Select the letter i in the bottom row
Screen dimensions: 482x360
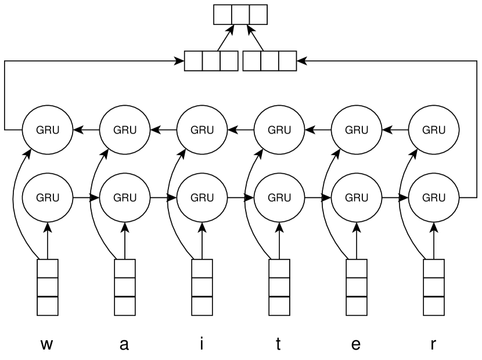click(x=202, y=343)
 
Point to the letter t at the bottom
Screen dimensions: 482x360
click(x=278, y=344)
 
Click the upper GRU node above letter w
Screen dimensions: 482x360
click(x=48, y=130)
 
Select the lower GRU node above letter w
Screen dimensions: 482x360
click(x=48, y=197)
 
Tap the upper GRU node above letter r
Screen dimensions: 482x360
click(x=434, y=130)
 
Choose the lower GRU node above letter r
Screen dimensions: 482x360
click(x=434, y=197)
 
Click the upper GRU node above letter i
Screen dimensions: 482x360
click(x=202, y=130)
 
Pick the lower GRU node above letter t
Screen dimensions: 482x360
click(x=279, y=197)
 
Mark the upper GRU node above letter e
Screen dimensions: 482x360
click(x=357, y=130)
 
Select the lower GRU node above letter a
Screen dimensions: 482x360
click(x=125, y=197)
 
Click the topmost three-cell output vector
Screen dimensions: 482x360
click(x=240, y=15)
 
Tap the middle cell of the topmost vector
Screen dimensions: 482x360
click(x=240, y=15)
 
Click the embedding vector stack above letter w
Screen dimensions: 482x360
click(x=48, y=287)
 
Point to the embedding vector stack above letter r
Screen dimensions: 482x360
click(x=434, y=287)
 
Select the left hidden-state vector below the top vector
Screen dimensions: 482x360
click(x=211, y=61)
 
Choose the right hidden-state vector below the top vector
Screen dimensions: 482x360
click(x=269, y=61)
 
